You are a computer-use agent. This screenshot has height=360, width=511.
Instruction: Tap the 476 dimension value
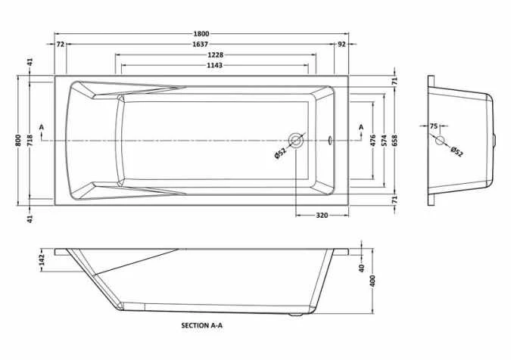pos(372,140)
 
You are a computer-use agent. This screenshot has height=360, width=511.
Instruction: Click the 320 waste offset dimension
pos(321,216)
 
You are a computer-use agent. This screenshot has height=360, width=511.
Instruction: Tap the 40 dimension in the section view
pos(363,267)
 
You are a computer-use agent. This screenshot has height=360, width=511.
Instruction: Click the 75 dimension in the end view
pos(434,126)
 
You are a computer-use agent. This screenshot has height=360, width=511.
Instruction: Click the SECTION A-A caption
pos(202,326)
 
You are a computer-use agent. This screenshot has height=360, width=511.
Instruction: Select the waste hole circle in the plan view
pos(296,141)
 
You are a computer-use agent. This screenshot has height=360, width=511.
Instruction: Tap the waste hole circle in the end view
pos(439,140)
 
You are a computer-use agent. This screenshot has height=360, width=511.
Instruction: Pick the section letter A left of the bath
pos(42,126)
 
